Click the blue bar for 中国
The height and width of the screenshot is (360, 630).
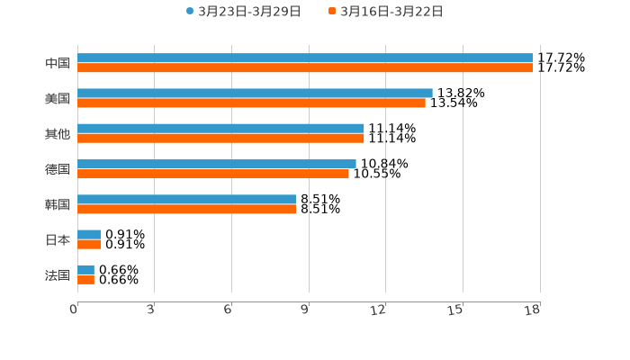click(x=305, y=58)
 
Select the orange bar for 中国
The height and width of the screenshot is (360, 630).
click(x=305, y=68)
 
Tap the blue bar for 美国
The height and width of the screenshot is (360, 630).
click(x=255, y=94)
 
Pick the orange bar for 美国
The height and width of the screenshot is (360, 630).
click(x=251, y=103)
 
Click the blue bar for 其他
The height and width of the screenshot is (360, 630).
click(x=220, y=129)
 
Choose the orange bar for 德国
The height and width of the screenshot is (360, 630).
click(x=213, y=174)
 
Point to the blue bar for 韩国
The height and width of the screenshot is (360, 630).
click(x=187, y=200)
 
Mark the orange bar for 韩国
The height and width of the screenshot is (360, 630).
click(x=187, y=210)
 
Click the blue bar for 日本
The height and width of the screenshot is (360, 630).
click(x=89, y=235)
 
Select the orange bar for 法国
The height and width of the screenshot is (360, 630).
click(x=85, y=280)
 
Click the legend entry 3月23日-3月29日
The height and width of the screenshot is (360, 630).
click(x=244, y=12)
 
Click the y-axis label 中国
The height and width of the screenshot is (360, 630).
click(x=58, y=64)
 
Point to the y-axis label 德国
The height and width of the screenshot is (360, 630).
click(x=58, y=169)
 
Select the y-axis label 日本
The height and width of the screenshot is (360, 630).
click(x=58, y=240)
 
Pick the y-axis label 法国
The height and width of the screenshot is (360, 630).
click(x=58, y=275)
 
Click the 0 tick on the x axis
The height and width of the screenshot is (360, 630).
click(x=74, y=310)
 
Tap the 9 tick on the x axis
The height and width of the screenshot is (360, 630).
click(x=305, y=310)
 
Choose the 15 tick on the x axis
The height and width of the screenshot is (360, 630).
click(x=455, y=310)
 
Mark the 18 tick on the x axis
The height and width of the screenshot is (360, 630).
click(x=533, y=310)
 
